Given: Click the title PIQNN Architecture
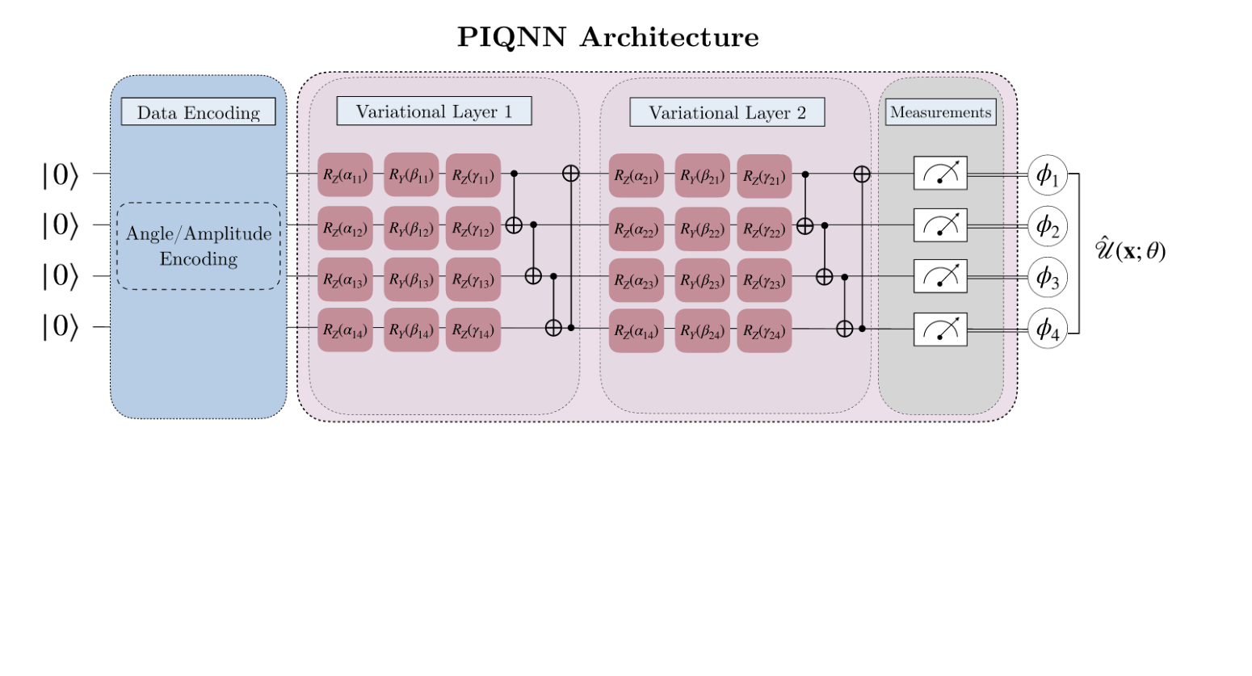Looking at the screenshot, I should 607,37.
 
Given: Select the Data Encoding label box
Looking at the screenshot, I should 198,112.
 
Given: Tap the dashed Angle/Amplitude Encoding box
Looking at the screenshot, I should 199,246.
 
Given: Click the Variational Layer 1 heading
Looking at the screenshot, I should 434,111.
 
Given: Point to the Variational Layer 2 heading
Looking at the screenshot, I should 727,113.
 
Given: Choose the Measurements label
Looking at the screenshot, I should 940,112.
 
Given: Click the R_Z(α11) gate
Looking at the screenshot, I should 345,175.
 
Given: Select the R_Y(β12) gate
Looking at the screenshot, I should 411,228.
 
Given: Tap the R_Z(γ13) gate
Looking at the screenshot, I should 473,279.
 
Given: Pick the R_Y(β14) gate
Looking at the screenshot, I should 411,330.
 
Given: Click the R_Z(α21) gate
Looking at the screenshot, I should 637,175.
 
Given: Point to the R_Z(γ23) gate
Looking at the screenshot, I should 764,280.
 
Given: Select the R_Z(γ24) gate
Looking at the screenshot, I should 764,331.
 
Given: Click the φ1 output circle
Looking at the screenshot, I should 1047,175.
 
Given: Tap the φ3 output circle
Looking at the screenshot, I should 1047,277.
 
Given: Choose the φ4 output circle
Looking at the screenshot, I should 1047,329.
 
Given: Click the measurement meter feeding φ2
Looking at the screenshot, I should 940,225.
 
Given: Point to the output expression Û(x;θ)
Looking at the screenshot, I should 1130,250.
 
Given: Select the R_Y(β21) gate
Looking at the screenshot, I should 702,175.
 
